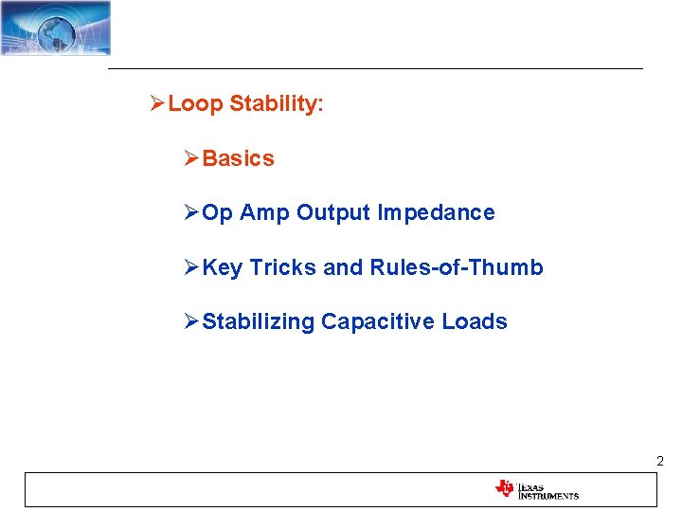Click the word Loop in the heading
tap(195, 104)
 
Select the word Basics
tap(238, 159)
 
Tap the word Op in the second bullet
tap(217, 213)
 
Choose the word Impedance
tap(436, 213)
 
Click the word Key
tap(223, 268)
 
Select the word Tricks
tap(283, 268)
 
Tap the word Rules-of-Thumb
tap(457, 268)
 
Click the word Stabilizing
tap(259, 322)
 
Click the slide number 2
tap(659, 462)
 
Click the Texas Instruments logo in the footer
tap(536, 489)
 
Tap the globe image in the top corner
tap(56, 28)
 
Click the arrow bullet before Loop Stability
tap(157, 104)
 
